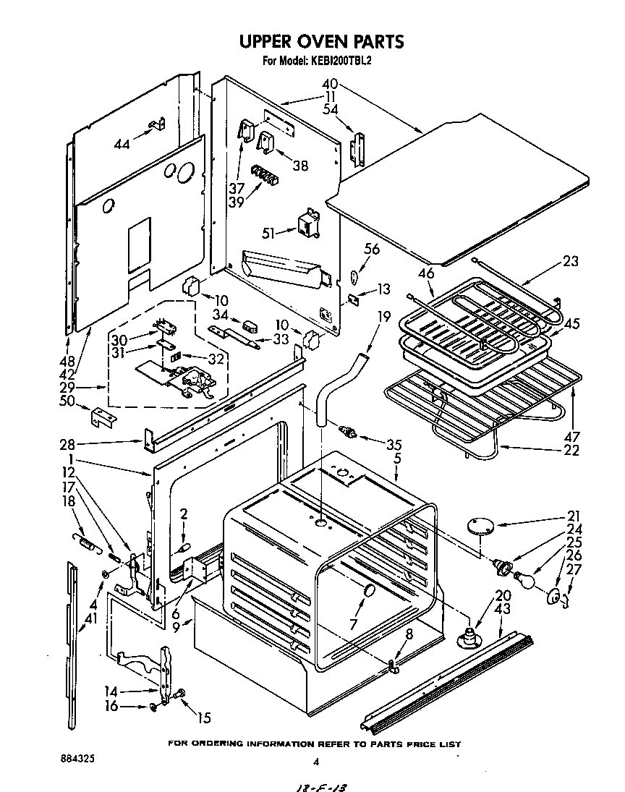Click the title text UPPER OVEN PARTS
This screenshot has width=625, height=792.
(x=312, y=41)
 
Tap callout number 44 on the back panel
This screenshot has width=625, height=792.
(x=123, y=143)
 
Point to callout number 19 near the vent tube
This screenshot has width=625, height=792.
(x=383, y=316)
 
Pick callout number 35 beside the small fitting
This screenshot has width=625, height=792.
(x=393, y=444)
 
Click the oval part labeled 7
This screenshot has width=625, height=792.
(x=368, y=591)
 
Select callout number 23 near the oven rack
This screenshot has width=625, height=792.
(x=571, y=261)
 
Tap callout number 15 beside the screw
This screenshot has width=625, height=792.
(x=204, y=718)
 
